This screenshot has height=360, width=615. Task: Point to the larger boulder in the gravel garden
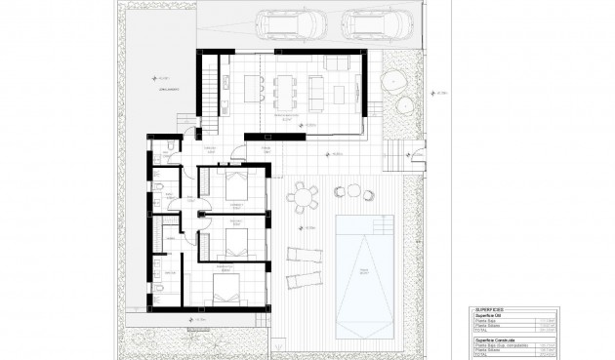[x=394, y=82]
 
